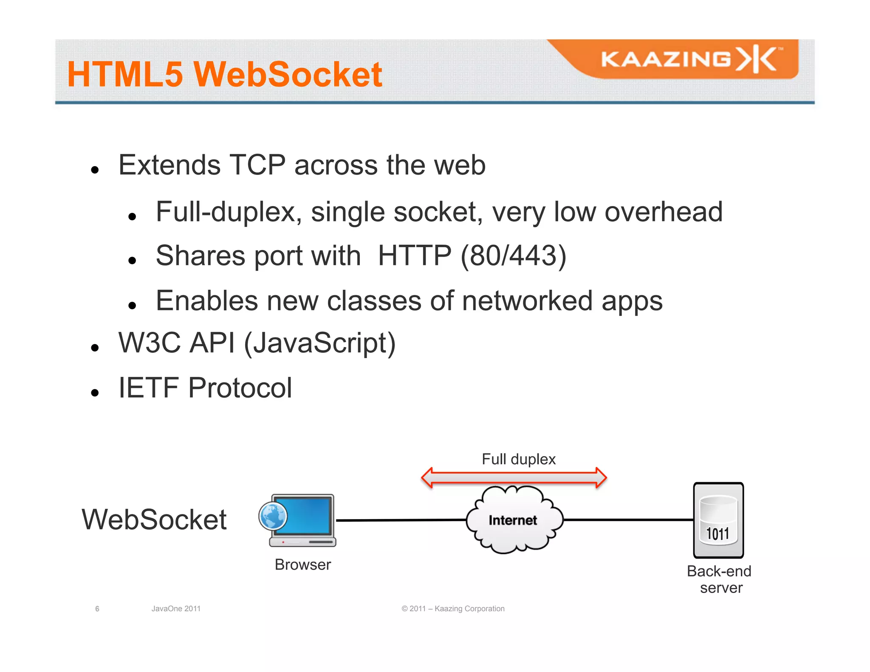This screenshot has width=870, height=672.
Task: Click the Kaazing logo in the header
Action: pos(690,59)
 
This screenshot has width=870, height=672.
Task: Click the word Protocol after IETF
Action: pos(240,387)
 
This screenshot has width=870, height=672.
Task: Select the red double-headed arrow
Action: pos(514,478)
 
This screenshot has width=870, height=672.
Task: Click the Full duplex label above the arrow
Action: pos(518,459)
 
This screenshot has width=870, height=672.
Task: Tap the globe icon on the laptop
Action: pos(273,516)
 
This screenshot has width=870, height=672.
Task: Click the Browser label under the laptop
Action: pos(302,565)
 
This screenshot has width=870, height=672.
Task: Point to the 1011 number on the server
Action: pos(717,534)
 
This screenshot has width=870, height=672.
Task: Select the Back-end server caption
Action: pos(719,579)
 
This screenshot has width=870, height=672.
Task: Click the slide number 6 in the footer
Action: pos(97,609)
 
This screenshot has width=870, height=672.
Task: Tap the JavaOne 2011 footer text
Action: pos(176,609)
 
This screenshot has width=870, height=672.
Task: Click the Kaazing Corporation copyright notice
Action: pos(453,609)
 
